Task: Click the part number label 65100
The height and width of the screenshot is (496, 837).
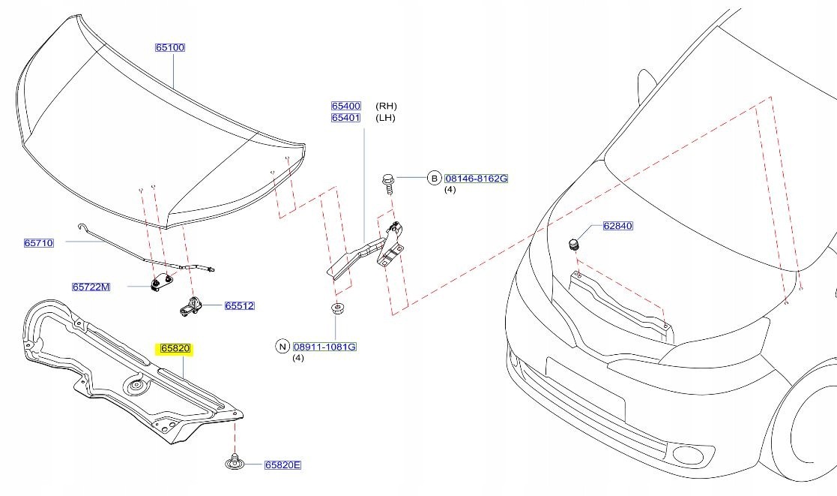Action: [169, 47]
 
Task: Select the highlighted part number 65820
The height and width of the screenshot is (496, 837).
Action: [175, 349]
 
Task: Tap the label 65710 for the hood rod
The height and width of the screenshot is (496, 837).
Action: [39, 243]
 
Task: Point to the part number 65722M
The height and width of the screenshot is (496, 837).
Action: [91, 287]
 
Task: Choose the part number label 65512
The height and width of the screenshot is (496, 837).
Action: [240, 306]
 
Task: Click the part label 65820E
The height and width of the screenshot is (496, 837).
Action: [282, 465]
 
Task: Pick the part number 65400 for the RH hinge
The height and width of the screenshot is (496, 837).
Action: [346, 107]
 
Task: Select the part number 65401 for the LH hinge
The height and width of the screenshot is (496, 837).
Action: [346, 118]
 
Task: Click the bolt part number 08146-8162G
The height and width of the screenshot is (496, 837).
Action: [477, 179]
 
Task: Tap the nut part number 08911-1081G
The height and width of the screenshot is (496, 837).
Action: [324, 347]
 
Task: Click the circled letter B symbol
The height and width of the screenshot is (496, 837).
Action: [433, 179]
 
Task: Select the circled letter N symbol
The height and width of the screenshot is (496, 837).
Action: [282, 347]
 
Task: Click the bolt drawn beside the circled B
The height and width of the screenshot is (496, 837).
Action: [389, 182]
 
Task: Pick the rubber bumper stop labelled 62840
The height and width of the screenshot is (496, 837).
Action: [574, 245]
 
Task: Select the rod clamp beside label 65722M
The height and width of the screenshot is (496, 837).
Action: [161, 284]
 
